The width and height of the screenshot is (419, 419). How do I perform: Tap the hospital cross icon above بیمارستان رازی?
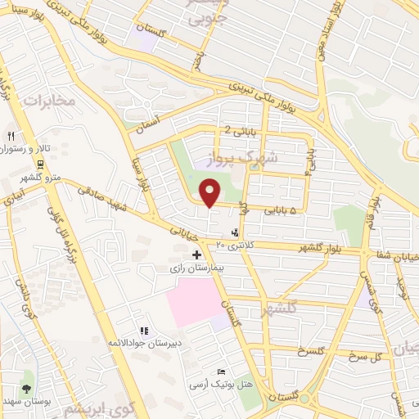click(196, 255)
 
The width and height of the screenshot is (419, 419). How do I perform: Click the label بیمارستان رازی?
click(196, 268)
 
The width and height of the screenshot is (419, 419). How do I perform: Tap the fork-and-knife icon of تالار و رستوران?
click(11, 137)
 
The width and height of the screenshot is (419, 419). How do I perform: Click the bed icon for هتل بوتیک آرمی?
click(219, 372)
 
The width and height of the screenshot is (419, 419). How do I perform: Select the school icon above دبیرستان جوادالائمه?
click(143, 331)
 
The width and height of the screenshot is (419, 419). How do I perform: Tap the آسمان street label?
click(151, 123)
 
